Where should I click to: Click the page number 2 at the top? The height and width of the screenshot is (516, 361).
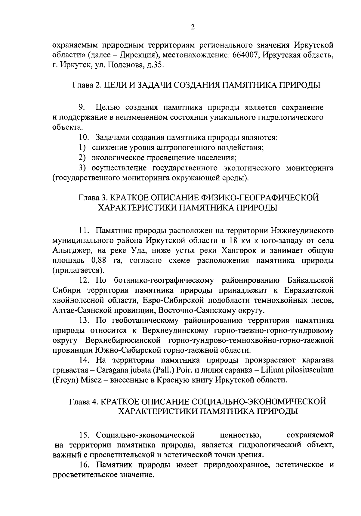(193, 27)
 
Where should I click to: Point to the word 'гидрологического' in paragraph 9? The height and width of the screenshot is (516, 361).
(291, 117)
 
